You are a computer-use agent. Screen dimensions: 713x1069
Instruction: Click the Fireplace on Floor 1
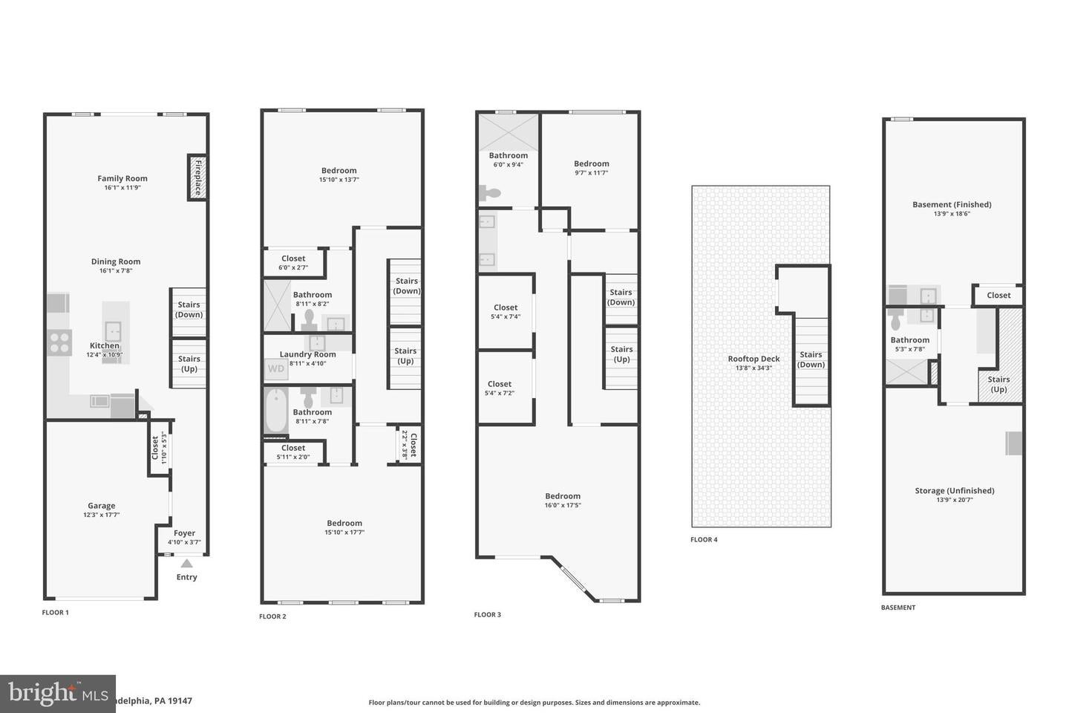(x=197, y=178)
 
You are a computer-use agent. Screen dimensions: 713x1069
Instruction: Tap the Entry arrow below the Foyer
(x=186, y=564)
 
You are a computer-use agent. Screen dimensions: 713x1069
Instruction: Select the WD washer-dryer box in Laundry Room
(x=275, y=368)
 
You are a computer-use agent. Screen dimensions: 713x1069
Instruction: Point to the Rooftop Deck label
(x=753, y=359)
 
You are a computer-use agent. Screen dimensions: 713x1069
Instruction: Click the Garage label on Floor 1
(x=102, y=506)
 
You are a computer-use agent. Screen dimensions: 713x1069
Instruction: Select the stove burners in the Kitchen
(x=59, y=342)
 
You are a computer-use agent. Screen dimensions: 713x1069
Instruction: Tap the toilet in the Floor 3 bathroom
(x=491, y=194)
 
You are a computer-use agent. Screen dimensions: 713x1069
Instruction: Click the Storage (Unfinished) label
(x=954, y=490)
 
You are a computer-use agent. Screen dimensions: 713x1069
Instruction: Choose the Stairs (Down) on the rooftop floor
(x=811, y=359)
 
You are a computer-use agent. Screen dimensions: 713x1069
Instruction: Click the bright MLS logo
(x=57, y=694)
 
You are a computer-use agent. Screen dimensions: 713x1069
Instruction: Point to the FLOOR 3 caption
(x=488, y=614)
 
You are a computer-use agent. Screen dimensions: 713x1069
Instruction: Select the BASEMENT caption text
(x=898, y=607)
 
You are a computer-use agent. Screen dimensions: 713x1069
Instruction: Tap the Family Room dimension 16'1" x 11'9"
(x=122, y=188)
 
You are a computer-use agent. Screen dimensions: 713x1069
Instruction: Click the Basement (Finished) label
(x=952, y=204)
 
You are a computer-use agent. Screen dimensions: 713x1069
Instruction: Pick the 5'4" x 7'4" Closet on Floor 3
(x=506, y=311)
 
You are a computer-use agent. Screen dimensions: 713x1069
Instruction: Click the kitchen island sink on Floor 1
(x=113, y=330)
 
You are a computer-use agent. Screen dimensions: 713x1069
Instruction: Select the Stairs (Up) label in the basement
(x=998, y=384)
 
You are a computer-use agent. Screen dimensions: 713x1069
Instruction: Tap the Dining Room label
(x=116, y=261)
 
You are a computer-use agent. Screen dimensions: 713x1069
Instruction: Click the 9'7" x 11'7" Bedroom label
(x=591, y=163)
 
